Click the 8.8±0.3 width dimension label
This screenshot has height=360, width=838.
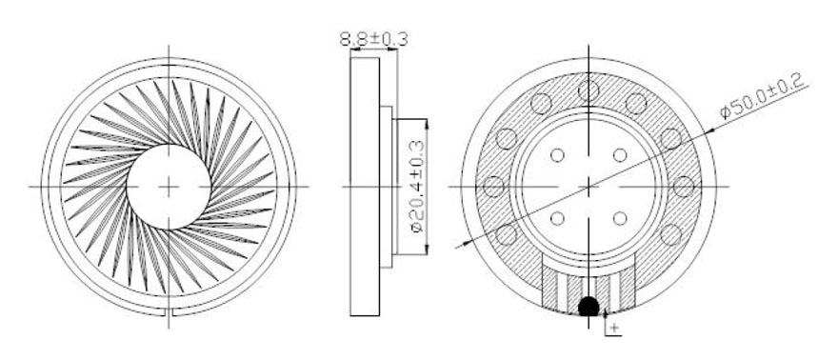pos(373,39)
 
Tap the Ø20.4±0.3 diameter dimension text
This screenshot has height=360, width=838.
pos(417,186)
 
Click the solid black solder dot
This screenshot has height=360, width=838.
pos(589,306)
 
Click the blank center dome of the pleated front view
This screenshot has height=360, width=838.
pos(169,187)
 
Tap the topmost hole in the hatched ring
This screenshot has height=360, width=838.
pos(589,90)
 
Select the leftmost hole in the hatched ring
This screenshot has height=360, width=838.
pos(494,187)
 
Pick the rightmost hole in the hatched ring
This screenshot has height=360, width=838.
pos(684,187)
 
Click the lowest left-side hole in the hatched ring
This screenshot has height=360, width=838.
pos(506,234)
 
